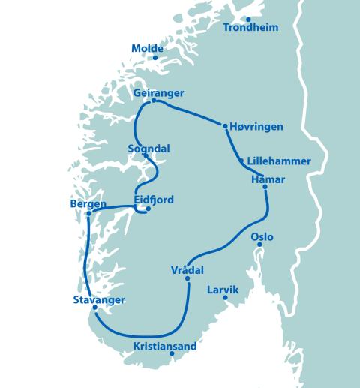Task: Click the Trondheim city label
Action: [251, 28]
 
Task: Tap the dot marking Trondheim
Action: [248, 18]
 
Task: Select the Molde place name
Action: [147, 49]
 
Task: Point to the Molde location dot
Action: [155, 58]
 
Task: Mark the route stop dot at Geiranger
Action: [154, 101]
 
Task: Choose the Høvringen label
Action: [257, 127]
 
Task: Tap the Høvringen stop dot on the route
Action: [226, 126]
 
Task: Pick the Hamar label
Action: [267, 178]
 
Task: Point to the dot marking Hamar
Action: [265, 187]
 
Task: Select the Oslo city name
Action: [262, 237]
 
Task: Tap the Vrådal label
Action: [187, 269]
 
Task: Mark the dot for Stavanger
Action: [95, 308]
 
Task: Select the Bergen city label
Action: [88, 204]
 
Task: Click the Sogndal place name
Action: [148, 149]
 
